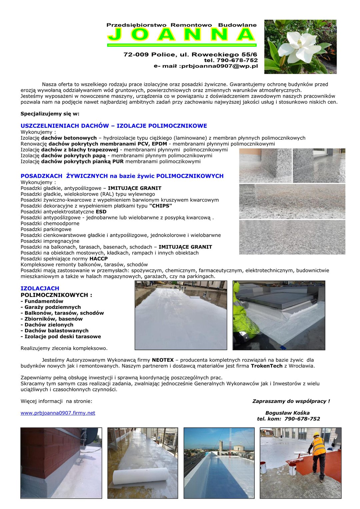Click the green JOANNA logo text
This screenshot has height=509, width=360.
click(x=182, y=35)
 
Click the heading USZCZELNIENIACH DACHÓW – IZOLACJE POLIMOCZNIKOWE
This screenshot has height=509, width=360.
click(x=114, y=126)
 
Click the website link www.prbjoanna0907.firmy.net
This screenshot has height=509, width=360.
click(x=58, y=413)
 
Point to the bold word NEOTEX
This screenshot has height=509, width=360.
click(x=163, y=360)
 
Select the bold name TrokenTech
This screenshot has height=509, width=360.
click(x=267, y=366)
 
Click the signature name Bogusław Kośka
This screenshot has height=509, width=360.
click(x=287, y=413)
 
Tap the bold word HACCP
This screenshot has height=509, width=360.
click(x=98, y=259)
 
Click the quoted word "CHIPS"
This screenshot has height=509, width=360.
click(x=161, y=206)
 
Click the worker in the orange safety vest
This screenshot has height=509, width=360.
click(x=318, y=455)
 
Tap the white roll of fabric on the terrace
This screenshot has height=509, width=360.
click(x=140, y=477)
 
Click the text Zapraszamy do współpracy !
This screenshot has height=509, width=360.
click(x=291, y=401)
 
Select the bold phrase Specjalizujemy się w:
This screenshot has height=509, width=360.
click(x=50, y=114)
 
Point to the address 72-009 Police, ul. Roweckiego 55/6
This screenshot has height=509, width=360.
click(x=190, y=54)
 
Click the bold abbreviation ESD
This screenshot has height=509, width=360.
click(x=101, y=212)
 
